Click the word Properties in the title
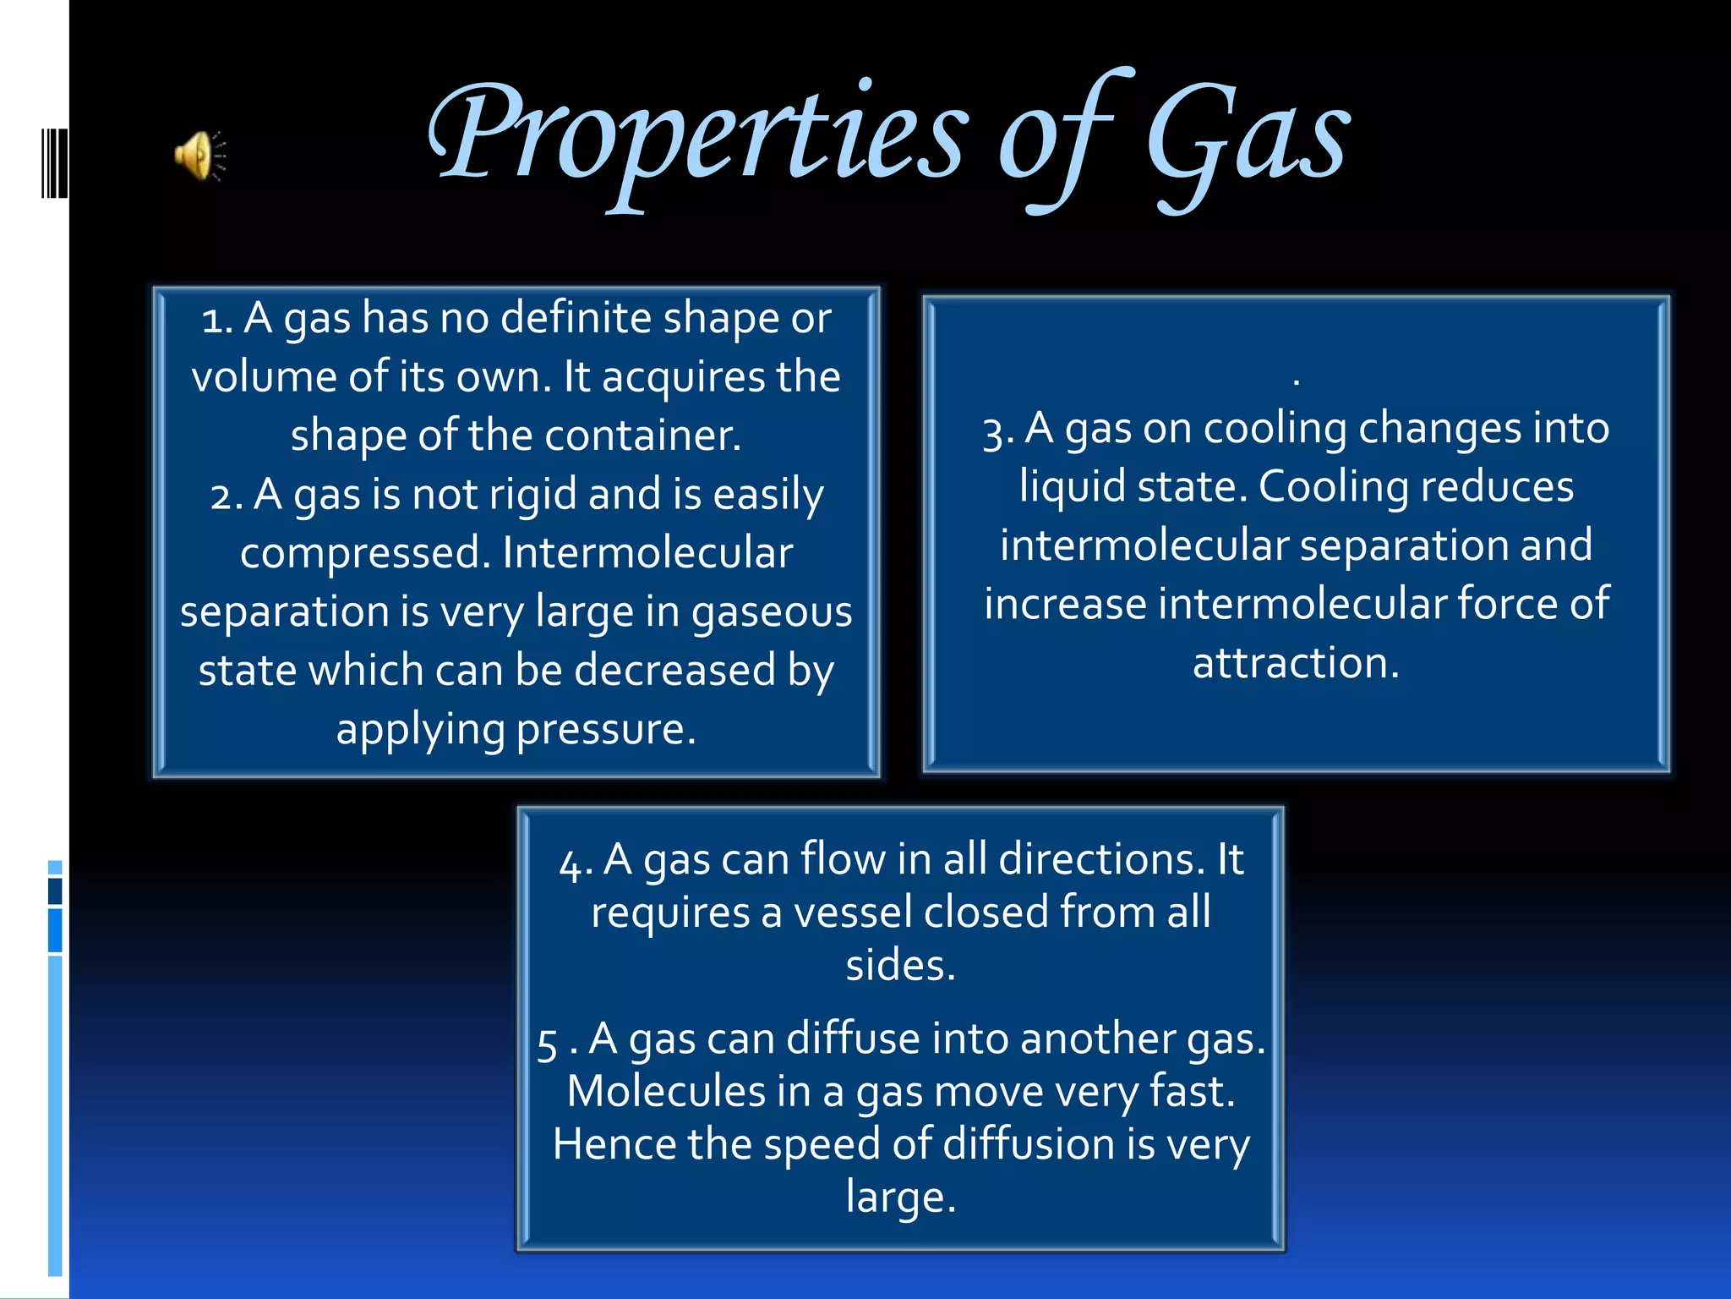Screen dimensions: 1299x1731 point(697,135)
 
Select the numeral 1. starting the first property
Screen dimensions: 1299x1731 point(217,321)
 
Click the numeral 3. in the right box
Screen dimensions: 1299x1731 point(997,431)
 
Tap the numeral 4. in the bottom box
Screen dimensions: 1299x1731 point(575,863)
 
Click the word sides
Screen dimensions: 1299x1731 point(900,966)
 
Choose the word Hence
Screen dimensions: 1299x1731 point(614,1145)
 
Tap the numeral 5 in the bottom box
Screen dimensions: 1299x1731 point(547,1043)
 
